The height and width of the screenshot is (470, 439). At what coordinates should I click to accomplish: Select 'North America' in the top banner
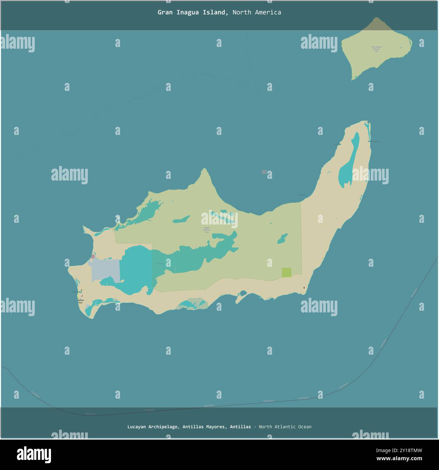coord(257,13)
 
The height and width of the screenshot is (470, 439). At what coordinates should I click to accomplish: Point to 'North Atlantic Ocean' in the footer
coord(285,427)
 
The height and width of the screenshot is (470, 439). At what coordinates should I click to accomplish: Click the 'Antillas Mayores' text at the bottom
coord(204,427)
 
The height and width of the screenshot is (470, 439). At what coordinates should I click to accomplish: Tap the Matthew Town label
coord(80,301)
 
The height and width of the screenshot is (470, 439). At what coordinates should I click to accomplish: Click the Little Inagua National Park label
coord(376,49)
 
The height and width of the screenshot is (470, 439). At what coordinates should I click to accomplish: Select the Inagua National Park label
coord(206,230)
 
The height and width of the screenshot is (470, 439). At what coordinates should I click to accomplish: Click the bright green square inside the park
coord(286,272)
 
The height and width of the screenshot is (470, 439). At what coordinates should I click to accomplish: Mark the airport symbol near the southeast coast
coord(304,288)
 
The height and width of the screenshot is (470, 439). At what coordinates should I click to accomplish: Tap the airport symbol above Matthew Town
coord(81,290)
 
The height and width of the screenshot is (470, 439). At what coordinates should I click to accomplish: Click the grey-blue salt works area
coord(105,270)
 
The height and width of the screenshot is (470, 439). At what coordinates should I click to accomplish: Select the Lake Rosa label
coord(161,264)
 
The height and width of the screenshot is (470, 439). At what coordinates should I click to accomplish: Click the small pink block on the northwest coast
coord(93,257)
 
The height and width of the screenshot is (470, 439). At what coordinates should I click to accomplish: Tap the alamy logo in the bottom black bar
coord(34,454)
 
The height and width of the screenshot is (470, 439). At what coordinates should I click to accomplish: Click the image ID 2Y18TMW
coord(405,450)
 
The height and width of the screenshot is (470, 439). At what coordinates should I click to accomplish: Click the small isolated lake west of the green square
coord(282,239)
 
